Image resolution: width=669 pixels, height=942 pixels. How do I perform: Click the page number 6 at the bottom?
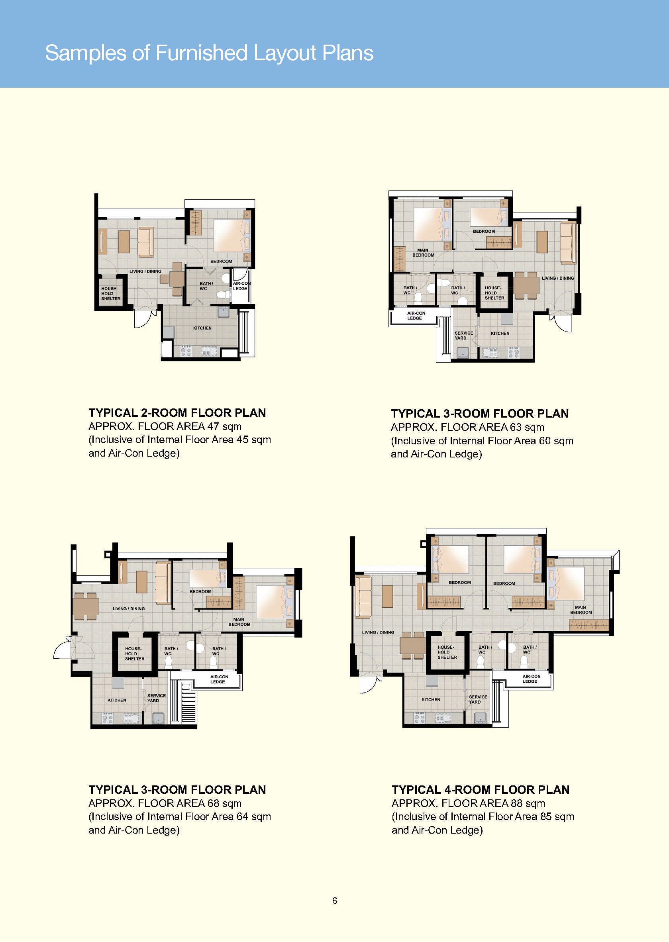[335, 901]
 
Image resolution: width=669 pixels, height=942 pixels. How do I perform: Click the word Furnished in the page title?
[202, 53]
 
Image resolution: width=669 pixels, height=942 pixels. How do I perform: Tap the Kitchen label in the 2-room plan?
[202, 328]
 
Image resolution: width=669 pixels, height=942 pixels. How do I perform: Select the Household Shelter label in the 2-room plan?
[111, 293]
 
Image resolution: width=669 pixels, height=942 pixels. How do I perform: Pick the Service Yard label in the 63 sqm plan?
[464, 335]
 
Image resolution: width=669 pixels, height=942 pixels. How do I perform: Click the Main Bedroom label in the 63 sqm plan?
[423, 253]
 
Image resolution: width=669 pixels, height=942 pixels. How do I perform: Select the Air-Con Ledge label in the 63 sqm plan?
[416, 316]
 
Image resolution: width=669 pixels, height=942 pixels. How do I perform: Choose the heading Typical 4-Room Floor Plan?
[480, 790]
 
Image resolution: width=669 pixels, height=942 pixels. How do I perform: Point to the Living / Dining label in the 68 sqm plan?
[129, 608]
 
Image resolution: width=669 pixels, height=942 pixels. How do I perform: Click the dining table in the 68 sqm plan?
[86, 606]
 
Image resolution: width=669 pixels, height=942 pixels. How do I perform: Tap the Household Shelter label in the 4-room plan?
[447, 652]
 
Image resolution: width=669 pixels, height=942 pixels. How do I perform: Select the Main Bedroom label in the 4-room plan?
[581, 610]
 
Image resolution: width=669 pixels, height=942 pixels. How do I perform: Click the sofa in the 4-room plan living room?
[363, 597]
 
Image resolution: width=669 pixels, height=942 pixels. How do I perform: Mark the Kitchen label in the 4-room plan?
[431, 699]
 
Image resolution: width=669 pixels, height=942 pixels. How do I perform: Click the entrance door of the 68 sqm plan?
[63, 648]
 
